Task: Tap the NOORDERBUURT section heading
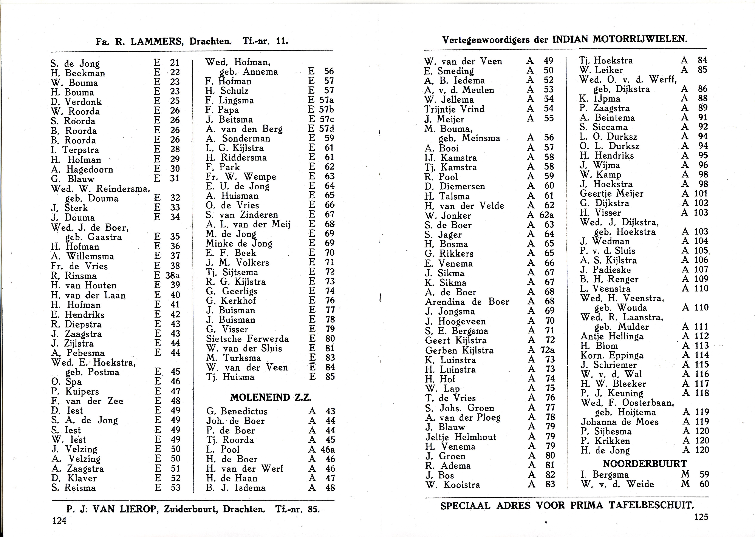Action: [645, 464]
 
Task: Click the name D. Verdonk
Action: [76, 102]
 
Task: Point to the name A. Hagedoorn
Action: [82, 170]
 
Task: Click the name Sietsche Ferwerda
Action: [247, 339]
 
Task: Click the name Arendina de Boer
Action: [467, 302]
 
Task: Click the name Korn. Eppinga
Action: [612, 355]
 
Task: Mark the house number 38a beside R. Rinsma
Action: [172, 275]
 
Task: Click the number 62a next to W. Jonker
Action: [546, 215]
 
